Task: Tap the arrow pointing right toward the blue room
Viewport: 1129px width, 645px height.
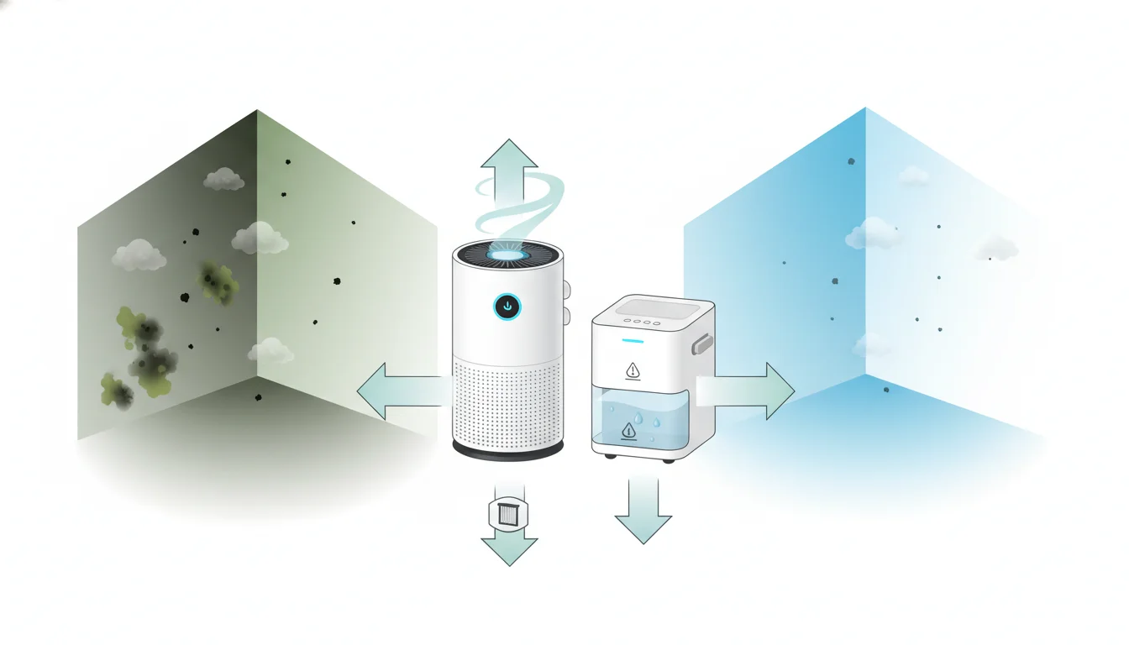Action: pos(752,391)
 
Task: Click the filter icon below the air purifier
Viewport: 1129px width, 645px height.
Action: pos(508,514)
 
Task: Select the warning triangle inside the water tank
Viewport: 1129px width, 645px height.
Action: pos(629,432)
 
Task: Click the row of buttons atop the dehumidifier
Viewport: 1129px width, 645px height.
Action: pos(640,319)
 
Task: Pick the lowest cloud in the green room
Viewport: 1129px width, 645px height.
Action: pos(270,349)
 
